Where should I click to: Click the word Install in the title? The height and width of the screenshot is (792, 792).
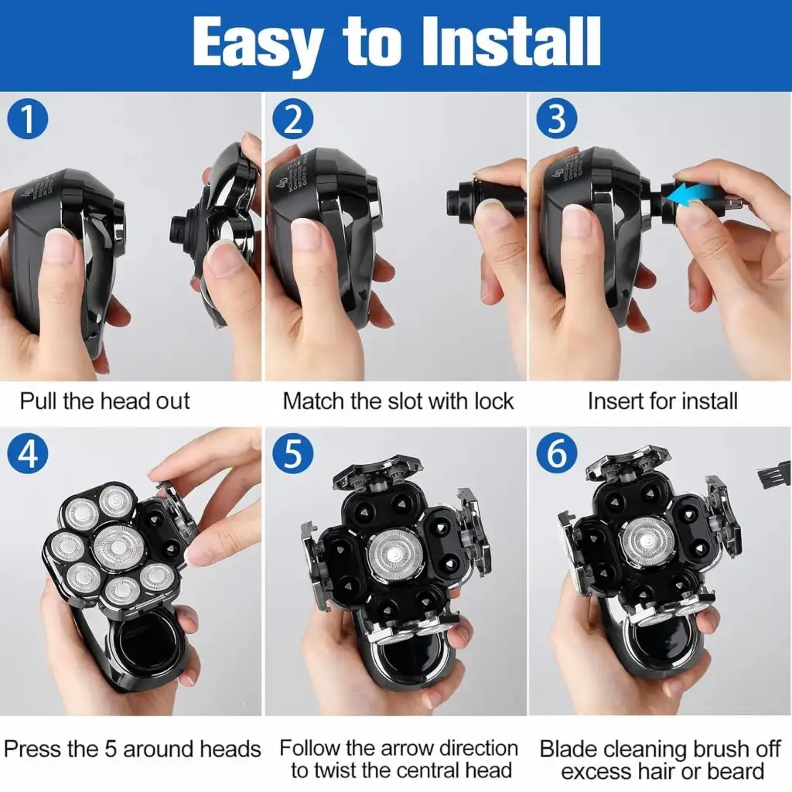click(511, 42)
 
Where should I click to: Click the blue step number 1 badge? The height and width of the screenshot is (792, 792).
click(28, 119)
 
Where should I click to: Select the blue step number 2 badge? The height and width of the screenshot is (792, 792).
click(293, 119)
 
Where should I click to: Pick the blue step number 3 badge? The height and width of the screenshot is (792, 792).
click(557, 119)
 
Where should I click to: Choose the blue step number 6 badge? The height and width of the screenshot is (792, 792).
click(557, 453)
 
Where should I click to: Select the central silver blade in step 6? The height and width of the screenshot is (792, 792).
click(648, 542)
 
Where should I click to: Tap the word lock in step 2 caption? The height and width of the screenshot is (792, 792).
click(493, 401)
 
